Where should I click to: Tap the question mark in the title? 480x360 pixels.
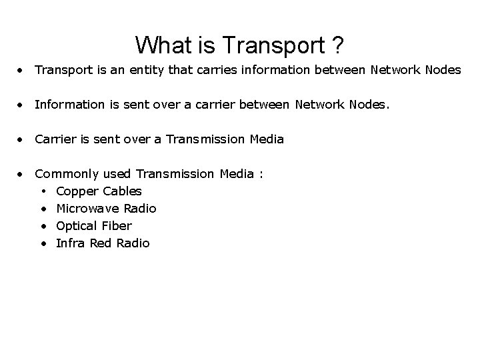click(x=337, y=45)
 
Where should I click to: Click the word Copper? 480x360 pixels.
click(x=77, y=191)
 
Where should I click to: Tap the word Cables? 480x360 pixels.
click(x=122, y=191)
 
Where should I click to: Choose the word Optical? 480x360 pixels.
click(x=77, y=226)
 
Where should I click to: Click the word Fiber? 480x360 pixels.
click(x=116, y=226)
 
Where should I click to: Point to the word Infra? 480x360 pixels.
click(x=70, y=243)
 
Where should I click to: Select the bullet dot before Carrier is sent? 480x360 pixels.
click(x=23, y=139)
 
